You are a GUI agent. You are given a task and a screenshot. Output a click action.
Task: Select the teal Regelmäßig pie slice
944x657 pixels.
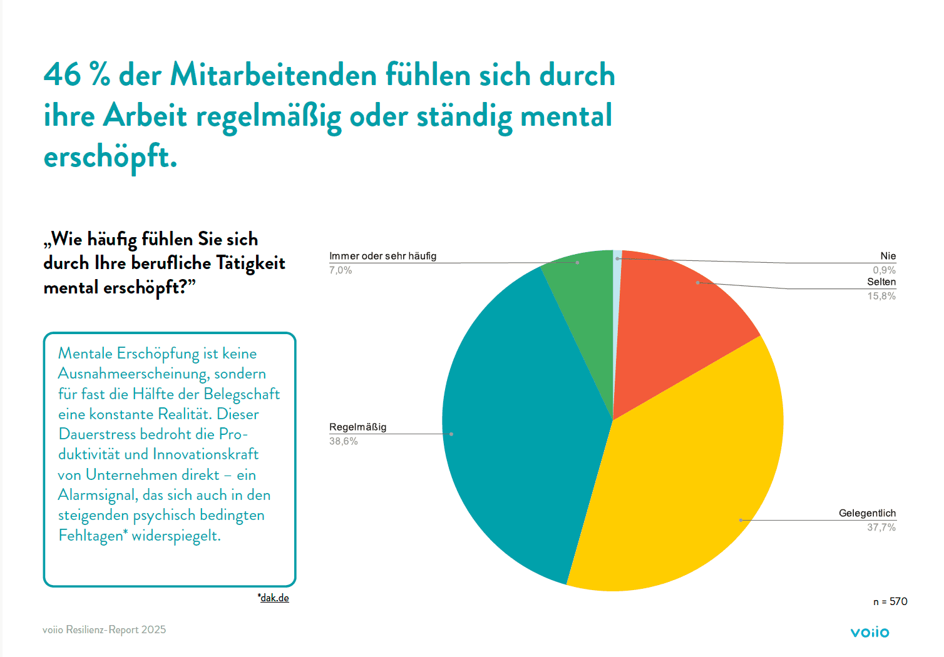pyautogui.click(x=520, y=425)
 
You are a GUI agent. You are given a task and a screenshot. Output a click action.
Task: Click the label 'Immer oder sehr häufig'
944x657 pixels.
pyautogui.click(x=382, y=256)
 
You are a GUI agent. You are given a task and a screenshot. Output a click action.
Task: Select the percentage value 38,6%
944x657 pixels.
pyautogui.click(x=343, y=441)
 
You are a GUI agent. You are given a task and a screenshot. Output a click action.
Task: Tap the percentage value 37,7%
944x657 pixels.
pyautogui.click(x=881, y=527)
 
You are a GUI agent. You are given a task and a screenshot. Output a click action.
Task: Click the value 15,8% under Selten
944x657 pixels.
pyautogui.click(x=881, y=296)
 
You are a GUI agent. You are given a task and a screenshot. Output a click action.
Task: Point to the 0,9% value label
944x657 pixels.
pyautogui.click(x=884, y=270)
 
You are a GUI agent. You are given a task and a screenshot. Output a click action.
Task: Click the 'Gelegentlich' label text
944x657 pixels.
pyautogui.click(x=867, y=513)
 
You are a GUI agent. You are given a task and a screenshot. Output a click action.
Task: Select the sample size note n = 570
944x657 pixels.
pyautogui.click(x=890, y=601)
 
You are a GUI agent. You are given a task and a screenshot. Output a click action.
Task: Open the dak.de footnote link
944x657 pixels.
pyautogui.click(x=274, y=598)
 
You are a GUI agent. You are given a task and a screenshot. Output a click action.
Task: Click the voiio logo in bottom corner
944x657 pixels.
pyautogui.click(x=870, y=632)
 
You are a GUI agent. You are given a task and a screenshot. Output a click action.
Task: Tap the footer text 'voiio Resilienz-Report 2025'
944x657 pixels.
pyautogui.click(x=104, y=629)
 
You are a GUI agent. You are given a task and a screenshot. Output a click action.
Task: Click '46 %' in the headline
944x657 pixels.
pyautogui.click(x=76, y=75)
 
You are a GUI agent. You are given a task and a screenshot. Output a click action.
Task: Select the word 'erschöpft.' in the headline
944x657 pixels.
pyautogui.click(x=110, y=156)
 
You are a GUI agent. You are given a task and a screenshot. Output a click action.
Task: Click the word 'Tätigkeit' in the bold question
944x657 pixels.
pyautogui.click(x=250, y=263)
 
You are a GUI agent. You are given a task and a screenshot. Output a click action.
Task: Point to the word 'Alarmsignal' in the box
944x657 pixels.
pyautogui.click(x=97, y=495)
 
